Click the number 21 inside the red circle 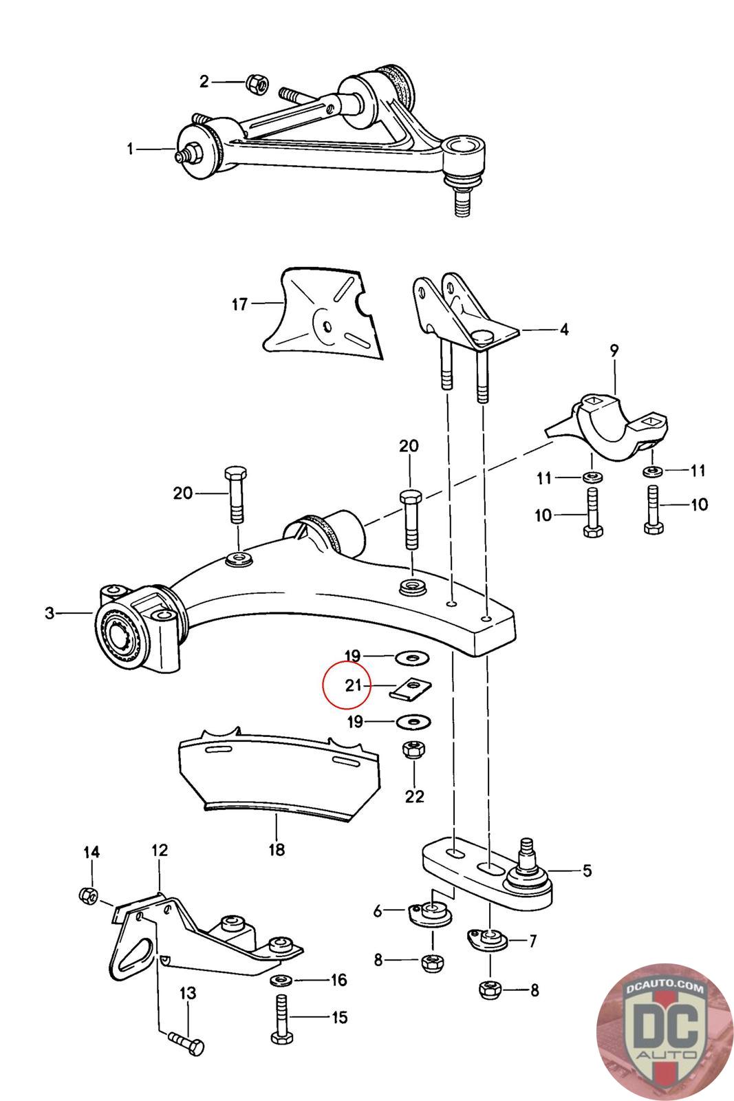tap(353, 685)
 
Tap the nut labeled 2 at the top tap(255, 83)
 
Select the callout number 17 tap(239, 303)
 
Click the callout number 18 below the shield tap(276, 850)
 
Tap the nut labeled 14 tap(87, 895)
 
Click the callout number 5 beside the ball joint tap(587, 870)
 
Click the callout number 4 tap(564, 330)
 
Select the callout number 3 tap(50, 612)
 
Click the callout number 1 tap(131, 149)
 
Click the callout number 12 tap(160, 851)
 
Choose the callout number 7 tap(532, 941)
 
